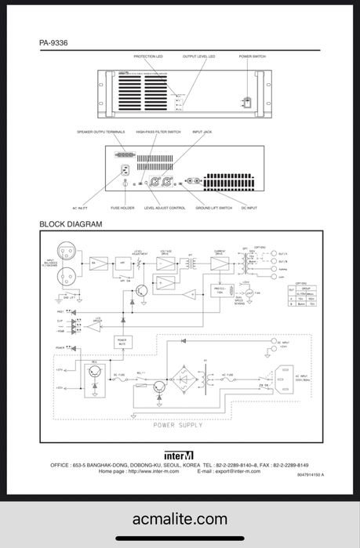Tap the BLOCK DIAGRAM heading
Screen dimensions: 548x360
pos(72,225)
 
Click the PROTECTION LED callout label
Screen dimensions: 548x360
pos(148,57)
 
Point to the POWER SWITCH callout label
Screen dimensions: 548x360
pos(252,57)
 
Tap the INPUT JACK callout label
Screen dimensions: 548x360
pos(203,132)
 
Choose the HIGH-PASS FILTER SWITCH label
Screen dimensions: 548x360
pos(158,132)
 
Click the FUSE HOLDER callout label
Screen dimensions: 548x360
pos(122,208)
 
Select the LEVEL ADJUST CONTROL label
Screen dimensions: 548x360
pos(165,208)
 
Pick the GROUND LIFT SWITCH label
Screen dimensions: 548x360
pos(214,208)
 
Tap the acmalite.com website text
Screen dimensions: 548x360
pos(180,519)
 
